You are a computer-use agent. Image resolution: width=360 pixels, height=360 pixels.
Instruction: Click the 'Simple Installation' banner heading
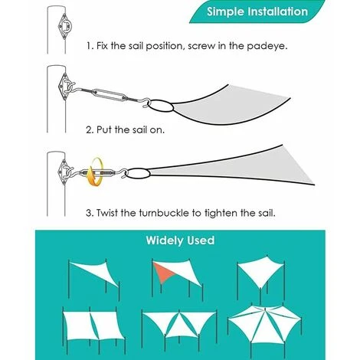[x=257, y=11]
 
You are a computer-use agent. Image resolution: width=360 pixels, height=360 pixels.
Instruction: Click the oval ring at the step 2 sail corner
[x=161, y=106]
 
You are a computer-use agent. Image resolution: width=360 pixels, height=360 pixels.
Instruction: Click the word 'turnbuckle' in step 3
[x=165, y=213]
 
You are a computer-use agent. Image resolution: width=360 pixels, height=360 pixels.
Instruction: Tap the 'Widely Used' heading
[x=180, y=241]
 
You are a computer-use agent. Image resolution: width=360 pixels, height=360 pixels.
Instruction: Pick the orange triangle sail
[x=163, y=272]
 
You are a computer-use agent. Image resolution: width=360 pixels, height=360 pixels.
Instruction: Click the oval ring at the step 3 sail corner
[x=139, y=173]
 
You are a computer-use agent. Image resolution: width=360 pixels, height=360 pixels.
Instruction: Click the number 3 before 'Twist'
[x=89, y=213]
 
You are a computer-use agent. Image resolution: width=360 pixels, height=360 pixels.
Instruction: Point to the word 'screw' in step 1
[x=201, y=47]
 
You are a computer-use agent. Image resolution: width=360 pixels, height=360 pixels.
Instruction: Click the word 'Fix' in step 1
[x=103, y=46]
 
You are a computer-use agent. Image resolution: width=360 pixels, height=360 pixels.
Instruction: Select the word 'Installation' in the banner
[x=278, y=11]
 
